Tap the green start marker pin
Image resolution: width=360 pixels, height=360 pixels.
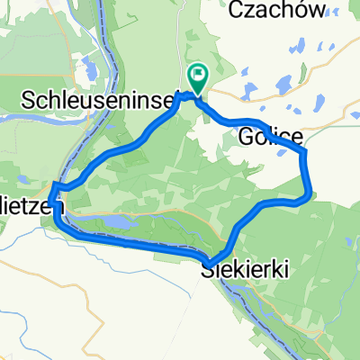pyautogui.click(x=195, y=76)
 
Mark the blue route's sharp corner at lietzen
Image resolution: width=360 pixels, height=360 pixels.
pyautogui.click(x=55, y=185)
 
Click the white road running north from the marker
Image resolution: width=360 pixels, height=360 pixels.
pyautogui.click(x=191, y=36)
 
